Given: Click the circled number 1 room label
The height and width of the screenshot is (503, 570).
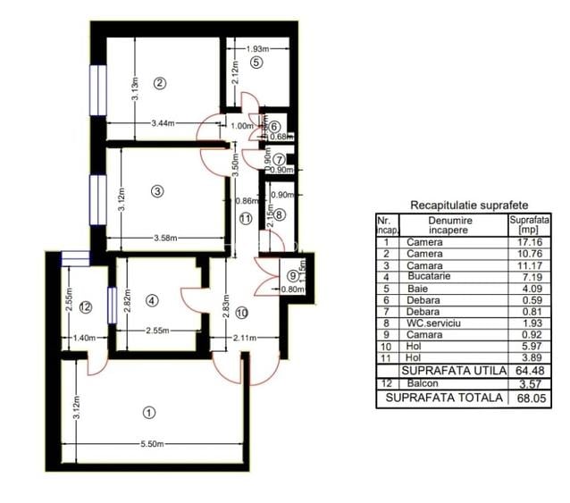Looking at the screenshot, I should coord(148,412).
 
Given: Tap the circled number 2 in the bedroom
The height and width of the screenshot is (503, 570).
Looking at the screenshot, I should coord(160,84).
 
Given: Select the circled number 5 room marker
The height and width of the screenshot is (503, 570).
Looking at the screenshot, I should coord(256,63).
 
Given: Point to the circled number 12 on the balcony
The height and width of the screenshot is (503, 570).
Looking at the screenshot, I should coord(85,306).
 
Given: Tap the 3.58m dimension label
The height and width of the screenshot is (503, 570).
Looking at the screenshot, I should coord(166,238).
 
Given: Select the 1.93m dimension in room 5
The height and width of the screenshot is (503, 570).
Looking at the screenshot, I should coord(257,48).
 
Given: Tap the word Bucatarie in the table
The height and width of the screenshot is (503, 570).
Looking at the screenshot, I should coord(432,277).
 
